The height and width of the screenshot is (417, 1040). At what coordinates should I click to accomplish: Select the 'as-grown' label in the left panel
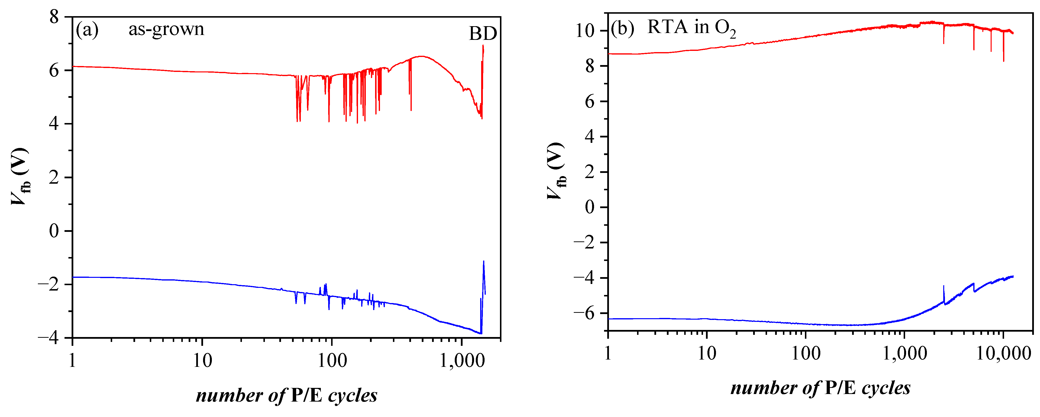[x=166, y=29]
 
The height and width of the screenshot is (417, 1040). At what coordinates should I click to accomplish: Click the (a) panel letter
[x=87, y=30]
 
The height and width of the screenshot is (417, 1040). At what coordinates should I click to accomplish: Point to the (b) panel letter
[x=623, y=28]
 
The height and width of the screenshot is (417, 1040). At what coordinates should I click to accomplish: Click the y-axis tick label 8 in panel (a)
[x=54, y=17]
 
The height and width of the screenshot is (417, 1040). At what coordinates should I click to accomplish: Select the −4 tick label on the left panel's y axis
[x=48, y=338]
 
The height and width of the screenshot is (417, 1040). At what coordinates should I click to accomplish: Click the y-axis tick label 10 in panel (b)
[x=585, y=31]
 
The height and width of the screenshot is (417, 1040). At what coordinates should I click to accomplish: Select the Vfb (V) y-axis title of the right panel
[x=557, y=171]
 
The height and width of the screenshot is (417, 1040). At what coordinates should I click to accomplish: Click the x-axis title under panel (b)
[x=820, y=388]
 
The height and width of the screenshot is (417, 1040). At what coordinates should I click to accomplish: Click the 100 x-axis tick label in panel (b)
[x=805, y=354]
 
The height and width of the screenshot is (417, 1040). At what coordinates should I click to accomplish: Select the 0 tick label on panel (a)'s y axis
[x=54, y=231]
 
